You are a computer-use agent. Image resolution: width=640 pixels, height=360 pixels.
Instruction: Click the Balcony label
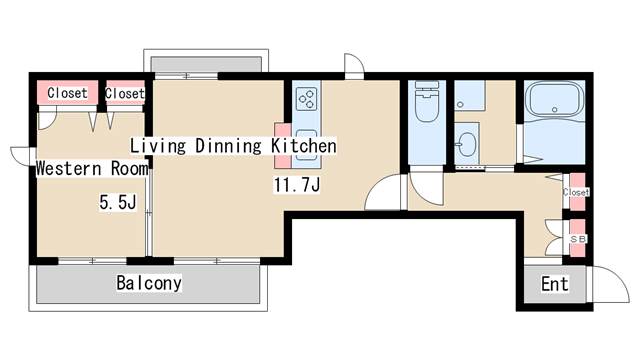(149, 283)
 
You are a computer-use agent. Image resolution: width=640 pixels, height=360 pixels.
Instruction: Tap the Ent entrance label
(555, 284)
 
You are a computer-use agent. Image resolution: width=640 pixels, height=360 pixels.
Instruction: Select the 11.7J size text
(297, 185)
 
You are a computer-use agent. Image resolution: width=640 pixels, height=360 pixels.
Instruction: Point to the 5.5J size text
(118, 202)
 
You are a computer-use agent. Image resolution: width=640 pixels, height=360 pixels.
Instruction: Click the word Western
(69, 168)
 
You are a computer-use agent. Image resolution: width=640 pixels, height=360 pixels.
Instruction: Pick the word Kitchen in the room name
(304, 146)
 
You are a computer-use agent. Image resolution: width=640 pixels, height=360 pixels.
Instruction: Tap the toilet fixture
(427, 102)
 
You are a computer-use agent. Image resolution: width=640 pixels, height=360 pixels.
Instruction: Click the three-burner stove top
(307, 99)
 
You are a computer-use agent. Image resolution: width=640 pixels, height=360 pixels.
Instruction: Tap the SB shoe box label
(577, 239)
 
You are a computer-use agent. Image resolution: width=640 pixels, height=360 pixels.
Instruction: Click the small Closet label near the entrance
(576, 192)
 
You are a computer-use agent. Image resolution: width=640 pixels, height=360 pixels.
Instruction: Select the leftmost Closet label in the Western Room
(67, 93)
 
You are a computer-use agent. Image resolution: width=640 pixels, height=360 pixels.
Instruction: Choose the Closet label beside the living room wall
(124, 93)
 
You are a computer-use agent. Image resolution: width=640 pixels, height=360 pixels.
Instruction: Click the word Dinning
(228, 146)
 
